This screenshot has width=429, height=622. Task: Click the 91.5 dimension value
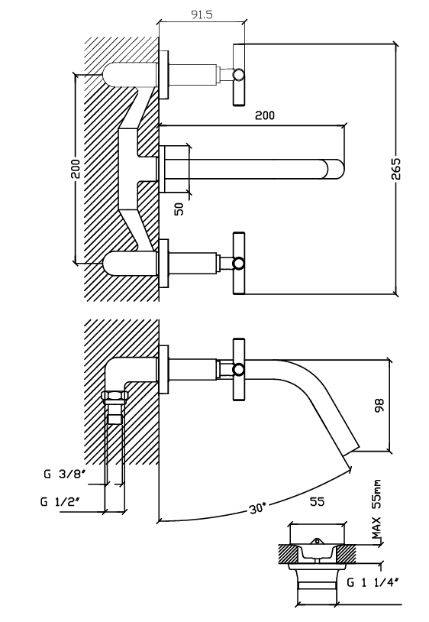202,15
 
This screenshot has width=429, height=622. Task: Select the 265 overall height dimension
396,169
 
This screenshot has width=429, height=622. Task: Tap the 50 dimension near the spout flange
179,209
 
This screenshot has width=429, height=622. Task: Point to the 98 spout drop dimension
379,406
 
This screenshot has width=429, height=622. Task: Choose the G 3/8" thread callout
65,474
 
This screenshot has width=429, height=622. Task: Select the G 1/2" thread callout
60,501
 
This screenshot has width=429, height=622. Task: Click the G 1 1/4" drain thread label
373,582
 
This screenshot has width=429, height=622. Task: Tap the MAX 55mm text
377,510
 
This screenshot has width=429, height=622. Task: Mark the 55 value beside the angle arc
317,501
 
